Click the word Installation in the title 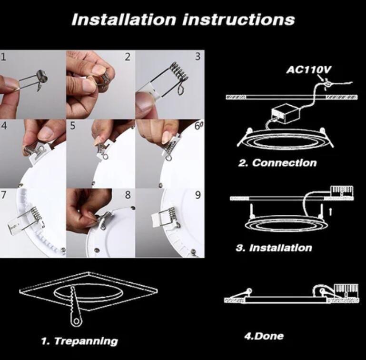124,20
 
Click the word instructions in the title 238,20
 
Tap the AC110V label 309,70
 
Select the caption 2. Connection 277,163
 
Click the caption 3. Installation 274,248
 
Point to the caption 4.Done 264,336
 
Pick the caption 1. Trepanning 79,341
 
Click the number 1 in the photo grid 3,57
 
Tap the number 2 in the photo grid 128,57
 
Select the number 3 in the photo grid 198,57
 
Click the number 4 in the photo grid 4,126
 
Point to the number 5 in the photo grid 73,126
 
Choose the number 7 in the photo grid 3,195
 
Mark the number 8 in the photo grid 128,195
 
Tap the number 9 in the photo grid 198,195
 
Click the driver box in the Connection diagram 285,114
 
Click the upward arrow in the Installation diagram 330,212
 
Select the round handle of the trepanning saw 76,321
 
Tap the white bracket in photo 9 157,220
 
